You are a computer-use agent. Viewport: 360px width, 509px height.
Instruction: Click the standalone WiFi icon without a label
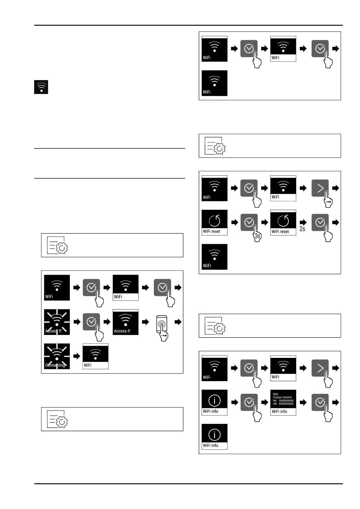tap(41, 87)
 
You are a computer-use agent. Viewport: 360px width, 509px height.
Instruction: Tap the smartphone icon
tap(162, 324)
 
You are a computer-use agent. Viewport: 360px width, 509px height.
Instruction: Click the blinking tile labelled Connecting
tap(57, 356)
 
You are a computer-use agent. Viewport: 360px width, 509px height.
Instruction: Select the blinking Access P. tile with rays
tap(57, 322)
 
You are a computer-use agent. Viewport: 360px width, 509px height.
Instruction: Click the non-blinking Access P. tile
tap(125, 322)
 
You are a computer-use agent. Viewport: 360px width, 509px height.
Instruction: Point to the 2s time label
tap(302, 229)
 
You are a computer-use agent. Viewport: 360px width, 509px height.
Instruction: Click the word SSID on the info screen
tap(275, 394)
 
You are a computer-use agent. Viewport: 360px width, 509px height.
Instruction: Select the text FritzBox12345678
tap(282, 397)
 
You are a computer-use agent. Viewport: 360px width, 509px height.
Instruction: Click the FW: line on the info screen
tap(283, 400)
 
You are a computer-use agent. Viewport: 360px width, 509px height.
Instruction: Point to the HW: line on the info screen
tap(283, 404)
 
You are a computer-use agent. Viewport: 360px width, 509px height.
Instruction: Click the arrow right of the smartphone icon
tap(178, 322)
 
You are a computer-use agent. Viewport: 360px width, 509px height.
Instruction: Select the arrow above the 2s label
tap(303, 222)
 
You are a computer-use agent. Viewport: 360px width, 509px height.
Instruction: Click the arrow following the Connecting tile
tap(77, 356)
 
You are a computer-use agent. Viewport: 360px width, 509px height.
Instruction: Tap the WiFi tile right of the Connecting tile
tap(96, 356)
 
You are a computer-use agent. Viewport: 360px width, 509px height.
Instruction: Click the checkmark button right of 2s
tap(320, 222)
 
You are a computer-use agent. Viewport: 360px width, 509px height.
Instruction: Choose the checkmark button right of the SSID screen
tap(320, 402)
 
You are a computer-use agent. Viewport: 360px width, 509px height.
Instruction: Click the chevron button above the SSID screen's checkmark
tap(320, 368)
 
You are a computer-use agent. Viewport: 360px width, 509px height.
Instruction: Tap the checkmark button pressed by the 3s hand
tap(249, 222)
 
